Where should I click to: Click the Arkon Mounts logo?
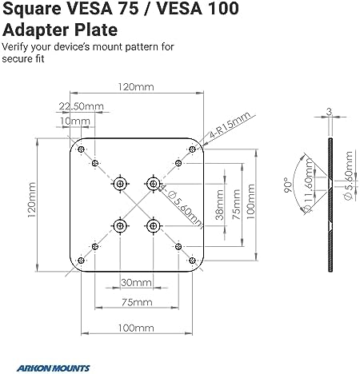coord(53,368)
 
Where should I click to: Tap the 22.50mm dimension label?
coord(81,106)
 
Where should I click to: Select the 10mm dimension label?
coord(75,121)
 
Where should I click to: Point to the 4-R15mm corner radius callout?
coord(230,125)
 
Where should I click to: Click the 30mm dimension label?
coord(136,282)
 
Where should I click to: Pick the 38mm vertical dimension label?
coord(219,205)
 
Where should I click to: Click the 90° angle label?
coord(288,185)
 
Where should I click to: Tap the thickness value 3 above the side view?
coord(330,112)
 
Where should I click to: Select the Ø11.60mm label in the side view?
coord(309,185)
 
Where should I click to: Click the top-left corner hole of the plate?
coord(82,149)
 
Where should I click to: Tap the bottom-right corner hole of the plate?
coord(192,261)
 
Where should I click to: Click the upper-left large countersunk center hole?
coord(120,183)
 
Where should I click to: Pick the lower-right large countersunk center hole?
coord(153,226)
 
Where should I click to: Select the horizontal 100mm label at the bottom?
coord(136,328)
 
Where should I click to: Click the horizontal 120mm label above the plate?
coord(136,87)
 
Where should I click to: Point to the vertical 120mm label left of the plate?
coord(31,200)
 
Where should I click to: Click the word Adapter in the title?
coord(34,30)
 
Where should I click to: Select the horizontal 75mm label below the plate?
coord(137,302)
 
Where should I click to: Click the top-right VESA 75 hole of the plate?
coord(178,163)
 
